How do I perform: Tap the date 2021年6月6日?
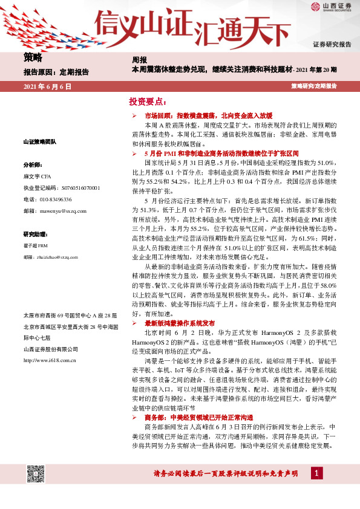tap(47, 87)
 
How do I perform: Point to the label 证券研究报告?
tap(332, 45)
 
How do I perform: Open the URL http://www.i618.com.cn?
tap(49, 360)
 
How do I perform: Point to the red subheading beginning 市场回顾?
tap(200, 115)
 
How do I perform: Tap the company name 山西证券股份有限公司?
tap(50, 349)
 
